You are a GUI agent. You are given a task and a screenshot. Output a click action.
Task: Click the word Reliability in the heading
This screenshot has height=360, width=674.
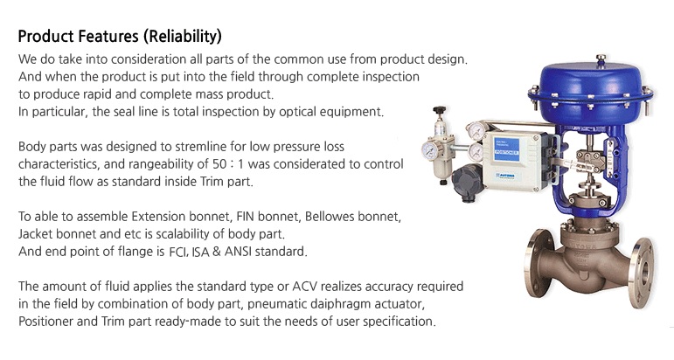(183, 37)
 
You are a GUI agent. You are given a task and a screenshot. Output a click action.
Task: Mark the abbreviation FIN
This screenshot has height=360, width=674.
(245, 216)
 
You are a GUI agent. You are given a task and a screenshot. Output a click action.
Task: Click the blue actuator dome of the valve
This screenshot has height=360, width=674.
(591, 93)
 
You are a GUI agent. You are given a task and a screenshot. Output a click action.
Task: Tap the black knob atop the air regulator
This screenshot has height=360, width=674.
(440, 110)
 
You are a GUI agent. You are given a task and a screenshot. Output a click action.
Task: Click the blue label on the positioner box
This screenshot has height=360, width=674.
(506, 149)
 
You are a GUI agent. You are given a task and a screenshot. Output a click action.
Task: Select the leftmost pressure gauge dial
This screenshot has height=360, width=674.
(429, 150)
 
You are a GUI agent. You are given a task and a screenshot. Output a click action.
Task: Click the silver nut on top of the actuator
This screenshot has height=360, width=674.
(601, 58)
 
